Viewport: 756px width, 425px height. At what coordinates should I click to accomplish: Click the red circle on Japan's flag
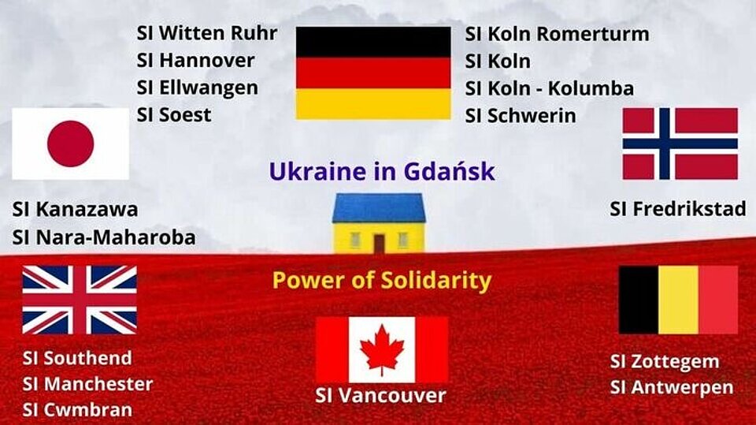pos(70,144)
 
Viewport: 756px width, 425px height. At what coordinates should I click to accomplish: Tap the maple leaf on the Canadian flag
pos(383,349)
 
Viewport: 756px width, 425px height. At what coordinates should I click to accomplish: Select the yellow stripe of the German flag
pos(373,104)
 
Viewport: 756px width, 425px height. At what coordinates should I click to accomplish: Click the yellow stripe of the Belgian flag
pos(678,300)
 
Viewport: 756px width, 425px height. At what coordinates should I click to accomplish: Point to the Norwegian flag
pos(680,144)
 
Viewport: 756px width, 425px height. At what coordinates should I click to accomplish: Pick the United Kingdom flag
pos(80,300)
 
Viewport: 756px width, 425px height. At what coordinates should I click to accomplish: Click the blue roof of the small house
pos(379,208)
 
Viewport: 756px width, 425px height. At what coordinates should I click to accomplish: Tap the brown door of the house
pos(379,244)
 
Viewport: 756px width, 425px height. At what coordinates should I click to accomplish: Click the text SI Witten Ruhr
pos(207,33)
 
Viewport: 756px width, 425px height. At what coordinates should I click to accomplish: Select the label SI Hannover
pos(195,61)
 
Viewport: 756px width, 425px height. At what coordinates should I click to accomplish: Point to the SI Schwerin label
pos(521,116)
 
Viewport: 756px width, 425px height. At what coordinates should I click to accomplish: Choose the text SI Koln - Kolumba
pos(549,88)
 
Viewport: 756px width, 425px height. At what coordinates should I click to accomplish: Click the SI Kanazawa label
pos(76,210)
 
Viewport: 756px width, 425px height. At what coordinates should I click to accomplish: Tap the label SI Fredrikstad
pos(678,209)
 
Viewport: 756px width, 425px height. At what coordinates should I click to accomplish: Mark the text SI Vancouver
pos(381,396)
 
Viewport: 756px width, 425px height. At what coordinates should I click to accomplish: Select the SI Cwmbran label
pos(77,409)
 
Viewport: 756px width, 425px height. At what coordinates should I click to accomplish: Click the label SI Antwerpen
pos(672,387)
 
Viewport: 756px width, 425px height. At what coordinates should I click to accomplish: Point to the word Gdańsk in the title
pos(449,171)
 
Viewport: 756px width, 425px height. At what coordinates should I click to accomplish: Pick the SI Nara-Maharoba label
pos(104,237)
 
